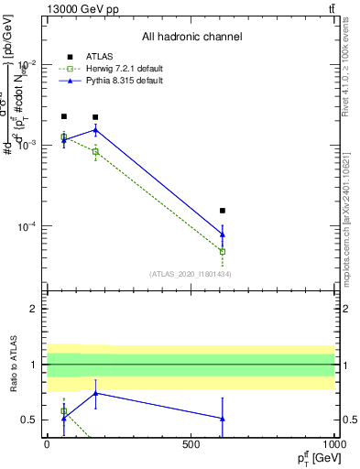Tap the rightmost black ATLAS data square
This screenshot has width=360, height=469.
[222, 211]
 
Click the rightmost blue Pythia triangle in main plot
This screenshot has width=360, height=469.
[222, 234]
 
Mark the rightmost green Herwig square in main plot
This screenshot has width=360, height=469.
[222, 251]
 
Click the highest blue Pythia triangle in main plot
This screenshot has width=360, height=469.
[95, 130]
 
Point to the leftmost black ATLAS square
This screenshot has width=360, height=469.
[63, 116]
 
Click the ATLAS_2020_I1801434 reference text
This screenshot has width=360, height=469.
[190, 274]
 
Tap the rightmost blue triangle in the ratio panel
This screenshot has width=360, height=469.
[222, 419]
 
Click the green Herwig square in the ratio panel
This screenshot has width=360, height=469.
[63, 411]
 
